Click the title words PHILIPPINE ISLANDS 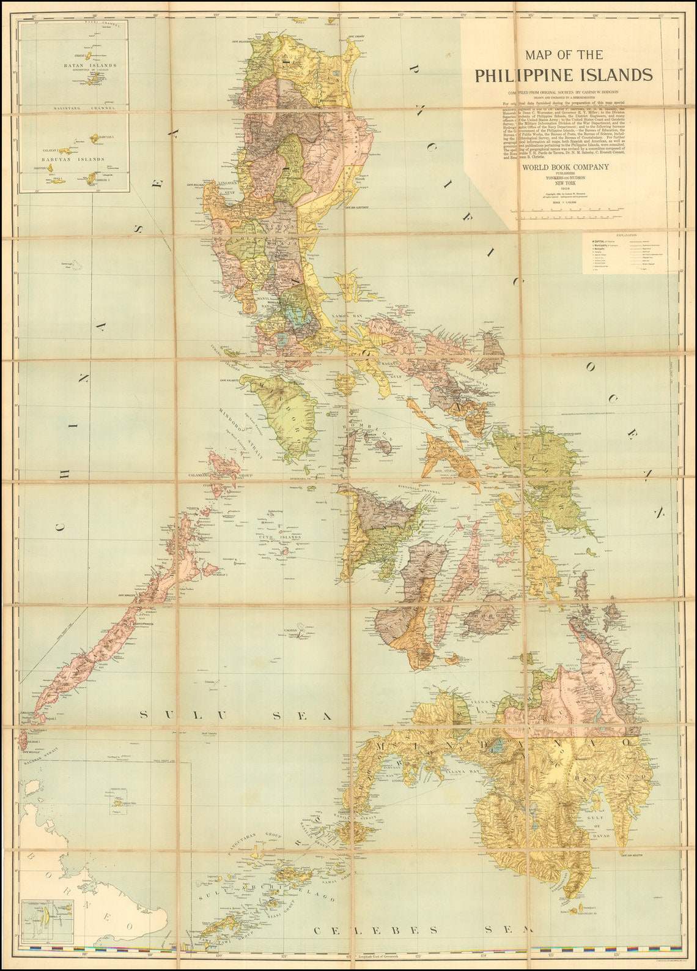click(564, 75)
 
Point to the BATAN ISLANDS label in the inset click(90, 65)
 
